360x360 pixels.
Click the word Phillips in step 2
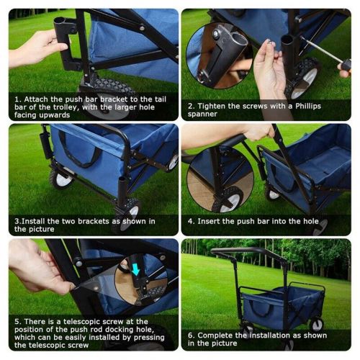[x=308, y=106]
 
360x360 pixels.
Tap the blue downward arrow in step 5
[x=135, y=269]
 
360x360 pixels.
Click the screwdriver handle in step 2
[x=346, y=65]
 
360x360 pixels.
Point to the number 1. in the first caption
[x=17, y=99]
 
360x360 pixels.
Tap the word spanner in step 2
[x=202, y=114]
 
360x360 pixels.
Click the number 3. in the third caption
[x=18, y=221]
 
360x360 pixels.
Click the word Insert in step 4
[x=209, y=221]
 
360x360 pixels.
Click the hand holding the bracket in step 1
[x=36, y=48]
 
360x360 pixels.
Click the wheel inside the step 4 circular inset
[x=228, y=199]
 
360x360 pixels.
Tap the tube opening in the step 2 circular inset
[x=239, y=40]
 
